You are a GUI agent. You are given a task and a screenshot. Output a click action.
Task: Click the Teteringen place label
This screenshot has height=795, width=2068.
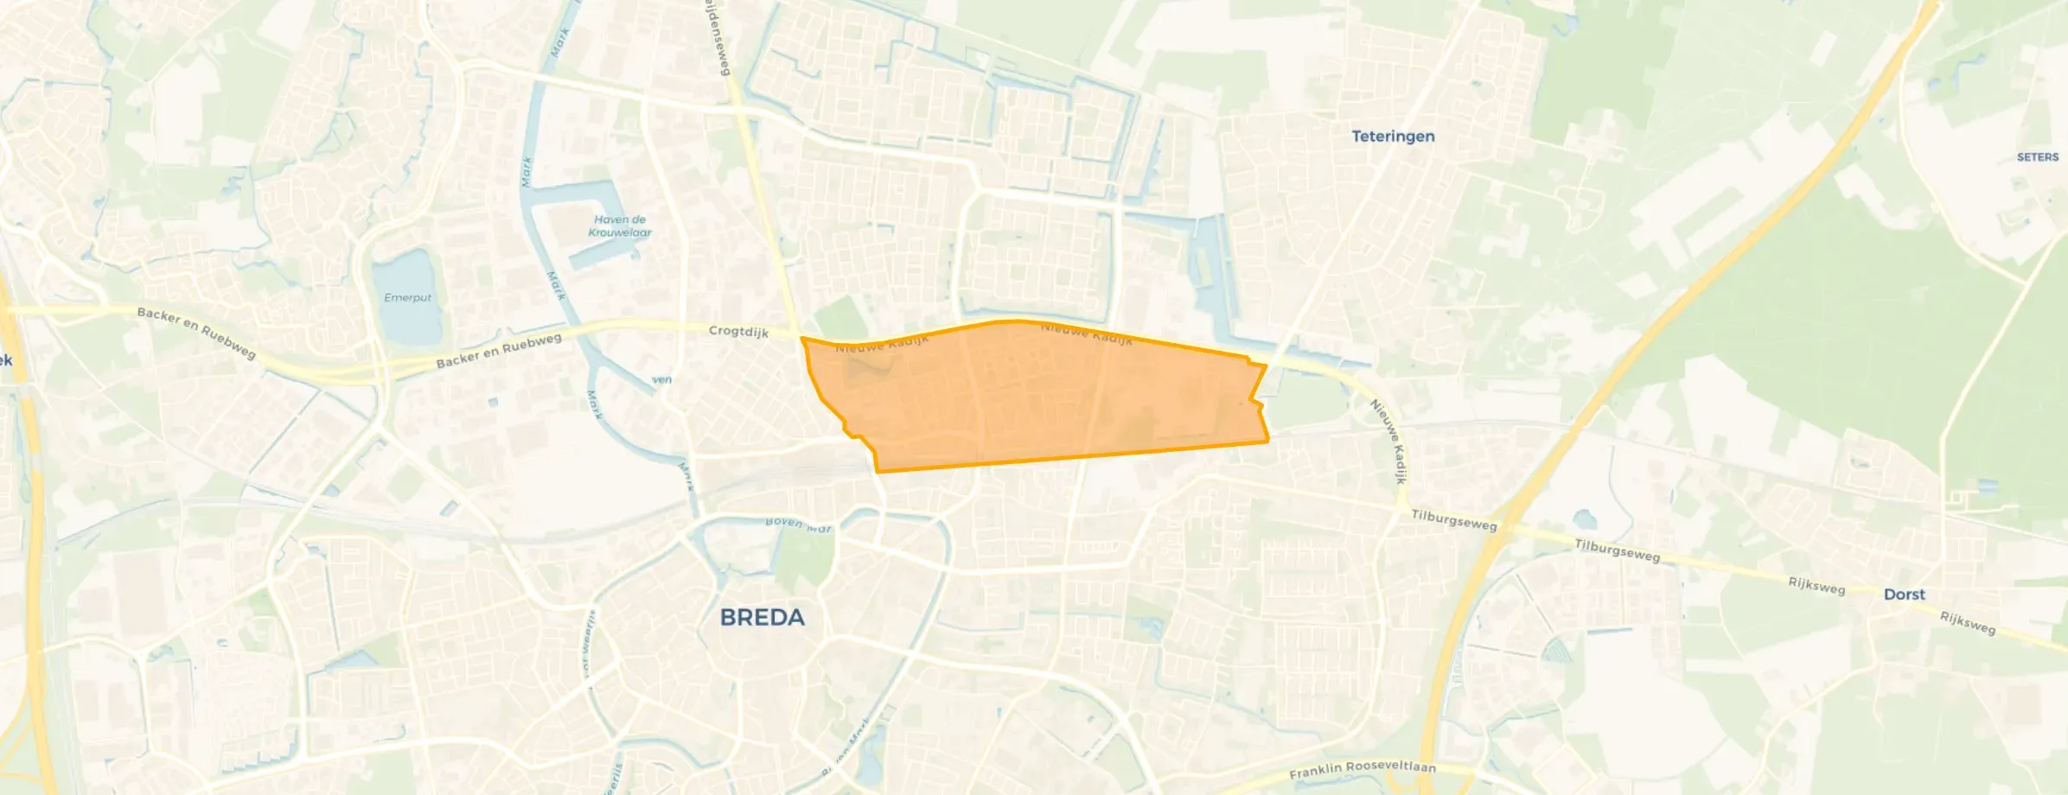pyautogui.click(x=1393, y=137)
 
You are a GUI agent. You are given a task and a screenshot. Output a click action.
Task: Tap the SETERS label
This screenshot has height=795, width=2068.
pyautogui.click(x=2037, y=157)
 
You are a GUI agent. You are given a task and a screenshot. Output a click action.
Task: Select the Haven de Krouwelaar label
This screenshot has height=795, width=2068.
pyautogui.click(x=619, y=226)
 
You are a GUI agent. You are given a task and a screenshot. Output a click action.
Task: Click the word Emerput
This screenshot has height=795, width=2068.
pyautogui.click(x=407, y=298)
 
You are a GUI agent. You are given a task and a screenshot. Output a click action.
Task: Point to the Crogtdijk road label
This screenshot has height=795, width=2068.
pyautogui.click(x=738, y=332)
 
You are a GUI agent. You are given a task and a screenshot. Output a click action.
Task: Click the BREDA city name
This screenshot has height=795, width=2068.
pyautogui.click(x=762, y=617)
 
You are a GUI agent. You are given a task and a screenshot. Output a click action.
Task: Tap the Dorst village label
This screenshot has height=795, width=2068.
pyautogui.click(x=1904, y=595)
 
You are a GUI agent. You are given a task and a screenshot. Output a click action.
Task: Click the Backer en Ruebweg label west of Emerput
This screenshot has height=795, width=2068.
pyautogui.click(x=196, y=333)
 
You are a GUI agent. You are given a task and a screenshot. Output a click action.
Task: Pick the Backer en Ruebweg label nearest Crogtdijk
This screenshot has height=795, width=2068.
pyautogui.click(x=499, y=351)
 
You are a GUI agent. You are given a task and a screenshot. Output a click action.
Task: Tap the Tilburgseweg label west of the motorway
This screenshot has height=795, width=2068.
pyautogui.click(x=1453, y=520)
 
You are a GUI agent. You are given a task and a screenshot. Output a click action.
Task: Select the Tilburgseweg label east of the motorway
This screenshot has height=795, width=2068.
pyautogui.click(x=1617, y=550)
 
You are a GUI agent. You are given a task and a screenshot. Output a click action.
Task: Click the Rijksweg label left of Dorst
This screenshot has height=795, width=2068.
pyautogui.click(x=1816, y=587)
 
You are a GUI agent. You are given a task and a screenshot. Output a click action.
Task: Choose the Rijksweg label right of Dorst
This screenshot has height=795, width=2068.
pyautogui.click(x=1968, y=623)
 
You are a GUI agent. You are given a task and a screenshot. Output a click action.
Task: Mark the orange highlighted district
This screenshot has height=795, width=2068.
pyautogui.click(x=1037, y=397)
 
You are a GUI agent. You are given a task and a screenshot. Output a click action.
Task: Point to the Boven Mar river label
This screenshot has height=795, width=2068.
pyautogui.click(x=798, y=524)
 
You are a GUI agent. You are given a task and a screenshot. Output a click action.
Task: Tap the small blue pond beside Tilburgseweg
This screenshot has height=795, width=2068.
pyautogui.click(x=1584, y=519)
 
